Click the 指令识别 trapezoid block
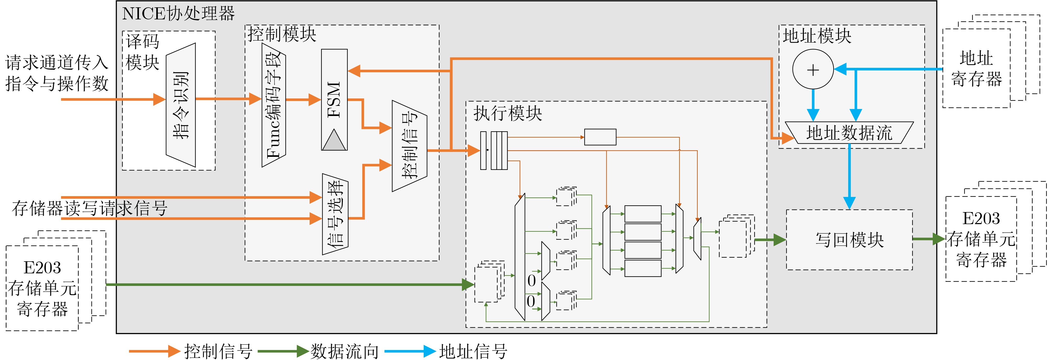[181, 105]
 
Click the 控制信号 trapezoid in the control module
[409, 146]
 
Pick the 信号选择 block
[335, 214]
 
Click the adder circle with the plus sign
[813, 69]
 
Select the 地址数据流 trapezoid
[849, 133]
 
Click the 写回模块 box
[849, 240]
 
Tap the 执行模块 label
[507, 113]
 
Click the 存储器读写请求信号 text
[90, 208]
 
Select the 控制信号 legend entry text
[218, 351]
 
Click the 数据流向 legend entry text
[345, 351]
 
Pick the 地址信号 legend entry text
[473, 351]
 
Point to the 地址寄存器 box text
[976, 69]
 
